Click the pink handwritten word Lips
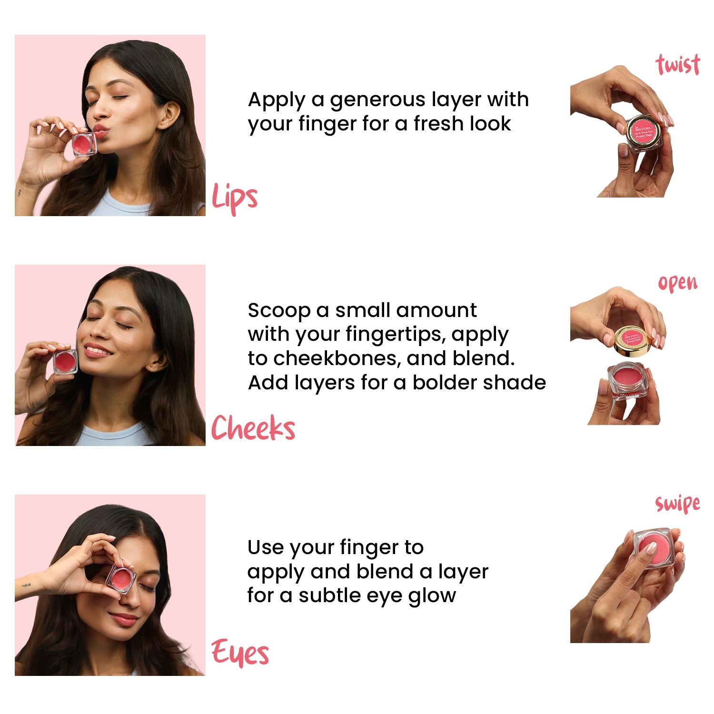pyautogui.click(x=234, y=197)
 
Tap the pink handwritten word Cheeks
pyautogui.click(x=253, y=427)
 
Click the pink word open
pyautogui.click(x=677, y=283)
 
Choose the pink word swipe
pyautogui.click(x=677, y=503)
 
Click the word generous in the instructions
pyautogui.click(x=378, y=99)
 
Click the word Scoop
pyautogui.click(x=278, y=310)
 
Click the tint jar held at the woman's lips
pyautogui.click(x=84, y=144)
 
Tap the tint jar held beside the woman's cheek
pyautogui.click(x=65, y=362)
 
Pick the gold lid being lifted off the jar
pyautogui.click(x=634, y=339)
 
